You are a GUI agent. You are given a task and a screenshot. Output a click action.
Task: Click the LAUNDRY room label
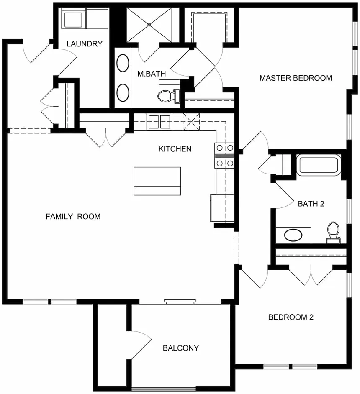85,44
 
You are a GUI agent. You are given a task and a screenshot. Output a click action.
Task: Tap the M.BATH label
152,74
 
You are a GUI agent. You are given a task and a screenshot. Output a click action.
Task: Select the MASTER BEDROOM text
296,78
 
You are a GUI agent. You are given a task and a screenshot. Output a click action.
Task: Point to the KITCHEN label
175,149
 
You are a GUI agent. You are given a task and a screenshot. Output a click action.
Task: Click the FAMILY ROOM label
73,216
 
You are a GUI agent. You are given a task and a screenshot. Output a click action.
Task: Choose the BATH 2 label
311,204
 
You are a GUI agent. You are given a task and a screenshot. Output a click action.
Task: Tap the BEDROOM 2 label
291,317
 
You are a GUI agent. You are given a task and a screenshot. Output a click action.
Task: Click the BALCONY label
181,348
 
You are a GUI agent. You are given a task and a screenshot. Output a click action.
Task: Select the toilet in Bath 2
333,233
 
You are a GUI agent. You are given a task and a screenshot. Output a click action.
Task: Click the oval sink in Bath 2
293,235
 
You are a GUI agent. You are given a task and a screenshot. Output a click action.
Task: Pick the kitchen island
157,181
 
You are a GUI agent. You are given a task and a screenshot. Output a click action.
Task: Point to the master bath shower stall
149,25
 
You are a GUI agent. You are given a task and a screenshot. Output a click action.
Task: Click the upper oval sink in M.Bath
123,63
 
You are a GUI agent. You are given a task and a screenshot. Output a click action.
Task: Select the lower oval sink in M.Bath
123,93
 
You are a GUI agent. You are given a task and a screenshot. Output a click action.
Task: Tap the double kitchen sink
159,122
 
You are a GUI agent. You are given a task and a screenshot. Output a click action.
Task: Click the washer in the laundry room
73,19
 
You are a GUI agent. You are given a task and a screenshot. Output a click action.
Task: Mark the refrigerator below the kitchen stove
222,208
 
